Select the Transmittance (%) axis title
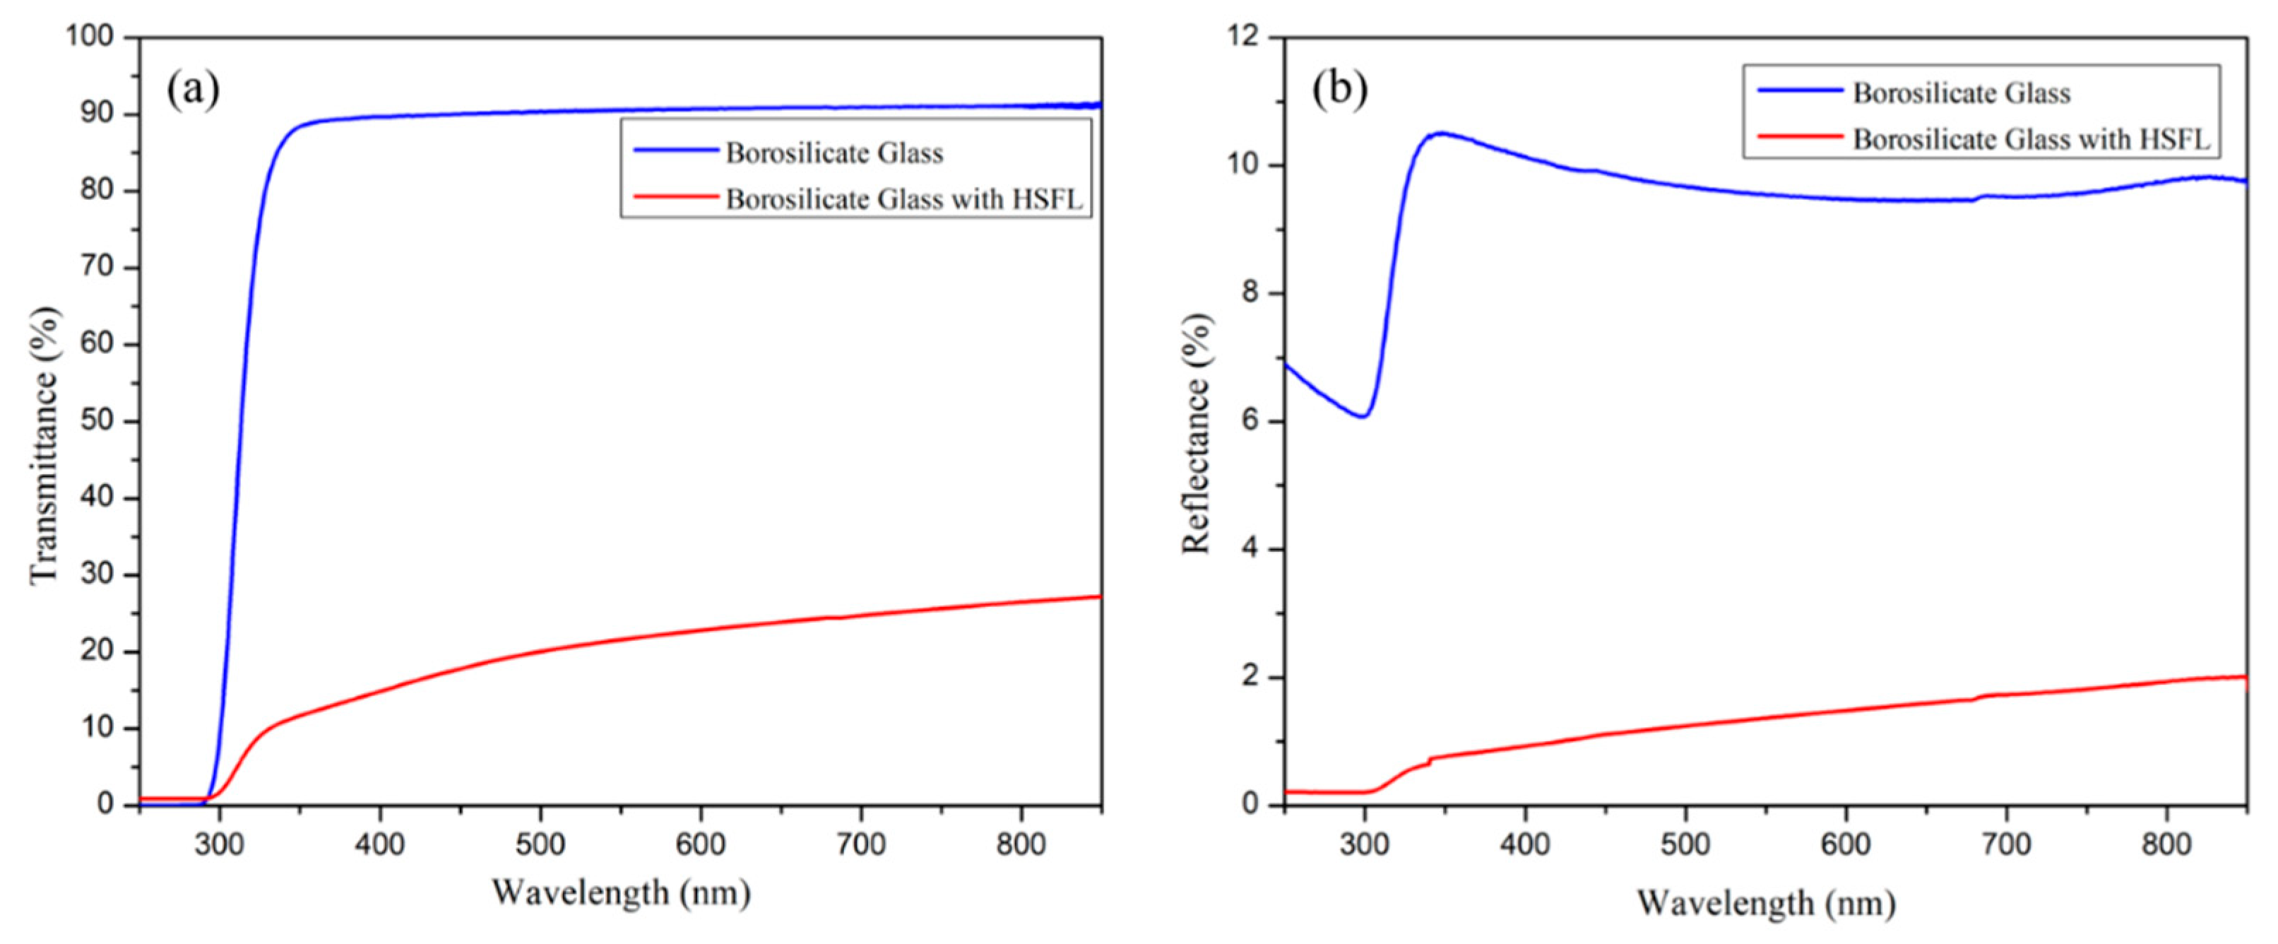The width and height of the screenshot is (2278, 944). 45,445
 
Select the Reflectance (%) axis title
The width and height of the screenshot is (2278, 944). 1196,434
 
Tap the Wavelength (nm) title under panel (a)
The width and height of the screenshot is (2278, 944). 621,892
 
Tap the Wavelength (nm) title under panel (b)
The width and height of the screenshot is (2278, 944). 1765,902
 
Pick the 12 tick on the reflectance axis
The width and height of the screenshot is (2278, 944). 1247,37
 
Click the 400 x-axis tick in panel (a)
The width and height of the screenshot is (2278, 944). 379,844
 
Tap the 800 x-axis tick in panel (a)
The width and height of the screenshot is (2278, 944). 1021,844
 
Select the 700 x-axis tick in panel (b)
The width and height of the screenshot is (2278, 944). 2005,844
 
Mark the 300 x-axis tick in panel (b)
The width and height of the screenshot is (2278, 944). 1365,844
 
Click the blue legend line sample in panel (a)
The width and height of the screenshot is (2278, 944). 675,151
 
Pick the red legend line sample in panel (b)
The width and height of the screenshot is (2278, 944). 1800,137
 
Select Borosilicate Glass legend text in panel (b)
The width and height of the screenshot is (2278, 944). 1962,93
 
